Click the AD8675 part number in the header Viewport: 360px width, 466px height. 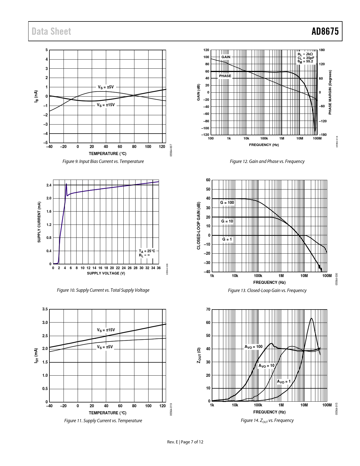[x=325, y=31]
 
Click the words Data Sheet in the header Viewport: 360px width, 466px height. [x=51, y=31]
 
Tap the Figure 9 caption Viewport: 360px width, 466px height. [x=103, y=161]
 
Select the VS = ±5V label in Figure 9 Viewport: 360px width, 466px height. [x=106, y=87]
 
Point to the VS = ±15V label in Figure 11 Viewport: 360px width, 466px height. [x=106, y=330]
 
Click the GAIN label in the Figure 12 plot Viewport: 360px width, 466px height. [x=226, y=57]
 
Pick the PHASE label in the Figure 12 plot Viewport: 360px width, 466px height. [x=225, y=76]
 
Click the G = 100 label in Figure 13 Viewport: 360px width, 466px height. [x=227, y=202]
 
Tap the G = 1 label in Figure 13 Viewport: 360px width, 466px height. [x=227, y=239]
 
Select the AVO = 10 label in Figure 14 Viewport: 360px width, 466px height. [x=267, y=365]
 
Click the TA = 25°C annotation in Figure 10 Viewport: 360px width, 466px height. [x=147, y=251]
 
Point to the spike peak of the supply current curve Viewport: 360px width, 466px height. [x=66, y=184]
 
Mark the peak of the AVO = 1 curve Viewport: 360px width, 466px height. [x=311, y=318]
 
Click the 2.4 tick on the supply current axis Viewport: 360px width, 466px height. [x=49, y=185]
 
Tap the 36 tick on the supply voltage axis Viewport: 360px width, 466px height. [x=159, y=268]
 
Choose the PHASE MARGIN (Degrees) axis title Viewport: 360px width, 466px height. [x=330, y=93]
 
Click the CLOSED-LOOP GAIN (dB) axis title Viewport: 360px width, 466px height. [x=198, y=226]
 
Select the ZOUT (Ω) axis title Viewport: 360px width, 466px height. [x=199, y=355]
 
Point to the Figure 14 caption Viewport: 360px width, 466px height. [x=267, y=421]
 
